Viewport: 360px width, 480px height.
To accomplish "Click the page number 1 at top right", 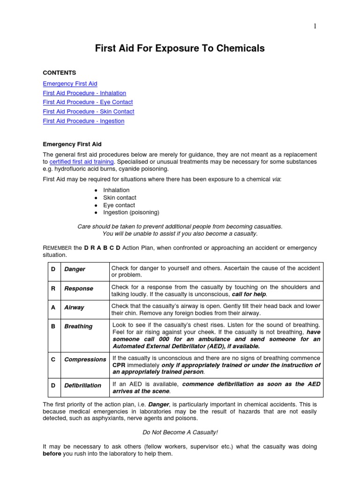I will pyautogui.click(x=315, y=26).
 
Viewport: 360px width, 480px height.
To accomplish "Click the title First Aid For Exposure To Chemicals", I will pyautogui.click(x=180, y=48).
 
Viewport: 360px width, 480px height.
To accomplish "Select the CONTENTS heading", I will pyautogui.click(x=60, y=73).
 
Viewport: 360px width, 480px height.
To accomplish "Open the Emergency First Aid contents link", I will pyautogui.click(x=70, y=83).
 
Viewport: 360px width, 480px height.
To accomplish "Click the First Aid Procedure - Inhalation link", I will pyautogui.click(x=84, y=93).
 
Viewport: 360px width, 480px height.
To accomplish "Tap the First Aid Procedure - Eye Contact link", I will pyautogui.click(x=88, y=102).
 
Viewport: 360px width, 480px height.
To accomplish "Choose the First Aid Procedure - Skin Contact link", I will pyautogui.click(x=89, y=112).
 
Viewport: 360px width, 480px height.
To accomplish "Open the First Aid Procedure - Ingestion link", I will pyautogui.click(x=83, y=121).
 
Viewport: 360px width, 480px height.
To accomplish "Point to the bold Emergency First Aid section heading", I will pyautogui.click(x=72, y=144).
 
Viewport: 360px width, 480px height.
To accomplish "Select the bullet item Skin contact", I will pyautogui.click(x=119, y=198).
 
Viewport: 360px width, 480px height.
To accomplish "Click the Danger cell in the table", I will pyautogui.click(x=75, y=270).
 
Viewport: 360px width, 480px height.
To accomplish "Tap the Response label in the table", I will pyautogui.click(x=78, y=288).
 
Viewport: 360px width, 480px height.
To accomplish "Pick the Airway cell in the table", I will pyautogui.click(x=74, y=307).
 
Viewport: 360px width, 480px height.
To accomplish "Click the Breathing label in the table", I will pyautogui.click(x=78, y=326).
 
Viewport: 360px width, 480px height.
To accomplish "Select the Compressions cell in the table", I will pyautogui.click(x=85, y=360).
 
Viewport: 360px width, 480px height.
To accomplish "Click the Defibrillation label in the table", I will pyautogui.click(x=82, y=385).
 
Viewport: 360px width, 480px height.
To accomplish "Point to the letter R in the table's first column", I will pyautogui.click(x=53, y=288).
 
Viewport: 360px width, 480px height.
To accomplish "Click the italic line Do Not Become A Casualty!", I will pyautogui.click(x=180, y=432).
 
